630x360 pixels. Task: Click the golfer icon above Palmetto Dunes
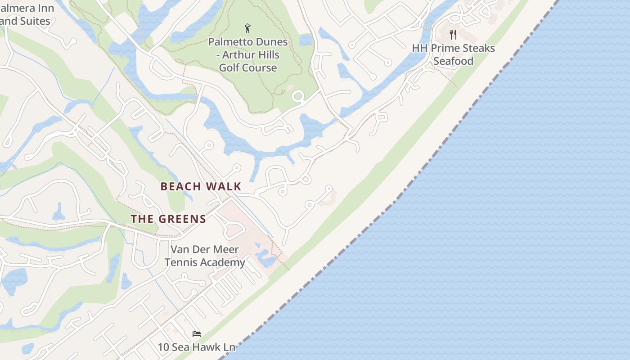click(x=247, y=29)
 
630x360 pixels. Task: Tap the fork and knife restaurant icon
click(x=453, y=35)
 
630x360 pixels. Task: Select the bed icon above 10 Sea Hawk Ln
click(x=196, y=333)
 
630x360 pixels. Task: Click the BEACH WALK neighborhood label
click(x=201, y=186)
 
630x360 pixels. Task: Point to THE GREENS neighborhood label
click(x=168, y=219)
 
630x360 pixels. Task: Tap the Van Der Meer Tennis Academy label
click(x=205, y=256)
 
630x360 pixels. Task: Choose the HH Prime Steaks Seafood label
click(x=453, y=54)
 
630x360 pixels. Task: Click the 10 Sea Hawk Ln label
click(x=196, y=347)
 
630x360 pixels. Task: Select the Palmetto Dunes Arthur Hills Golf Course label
click(x=248, y=55)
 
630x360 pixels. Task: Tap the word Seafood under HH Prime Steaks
click(x=453, y=61)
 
